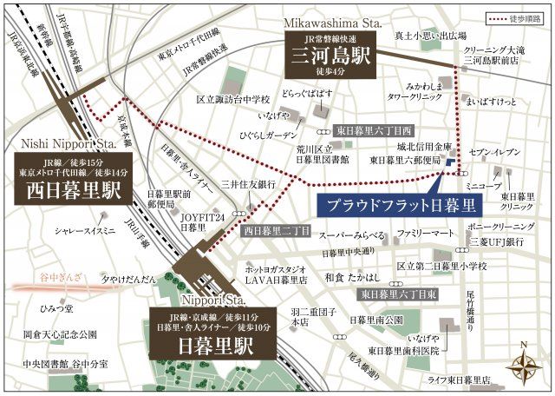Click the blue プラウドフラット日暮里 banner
pos(402,206)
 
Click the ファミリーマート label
pos(426,234)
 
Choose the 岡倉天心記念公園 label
pos(60,333)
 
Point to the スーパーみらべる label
pos(351,235)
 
